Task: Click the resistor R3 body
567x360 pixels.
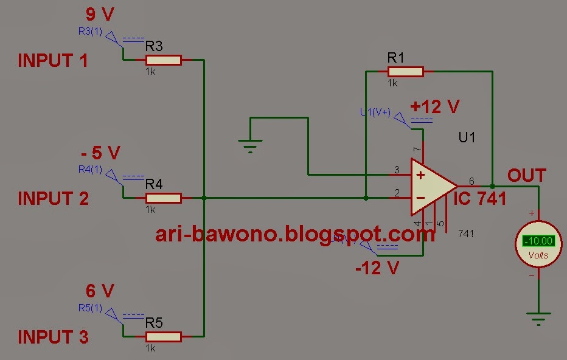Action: point(163,60)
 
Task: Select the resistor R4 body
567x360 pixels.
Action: point(163,198)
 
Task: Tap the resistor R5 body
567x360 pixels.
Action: point(163,336)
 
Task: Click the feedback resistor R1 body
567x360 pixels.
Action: point(405,71)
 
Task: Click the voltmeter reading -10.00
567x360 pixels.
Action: point(538,241)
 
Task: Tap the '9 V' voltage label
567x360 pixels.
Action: point(100,14)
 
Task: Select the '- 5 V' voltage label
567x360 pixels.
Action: point(100,151)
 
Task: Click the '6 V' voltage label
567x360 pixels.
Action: point(100,291)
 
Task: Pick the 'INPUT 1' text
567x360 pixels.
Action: point(53,61)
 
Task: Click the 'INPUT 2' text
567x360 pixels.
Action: point(53,199)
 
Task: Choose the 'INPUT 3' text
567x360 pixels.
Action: point(53,337)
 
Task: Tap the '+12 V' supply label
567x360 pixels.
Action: point(434,107)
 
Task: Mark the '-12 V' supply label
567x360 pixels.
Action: point(377,268)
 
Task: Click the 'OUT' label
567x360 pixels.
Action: point(527,176)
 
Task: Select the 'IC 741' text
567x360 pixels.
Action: point(481,198)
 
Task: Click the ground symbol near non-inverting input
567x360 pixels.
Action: point(250,144)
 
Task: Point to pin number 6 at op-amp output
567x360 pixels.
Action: point(471,181)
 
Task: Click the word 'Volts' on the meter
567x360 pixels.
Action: point(538,255)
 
